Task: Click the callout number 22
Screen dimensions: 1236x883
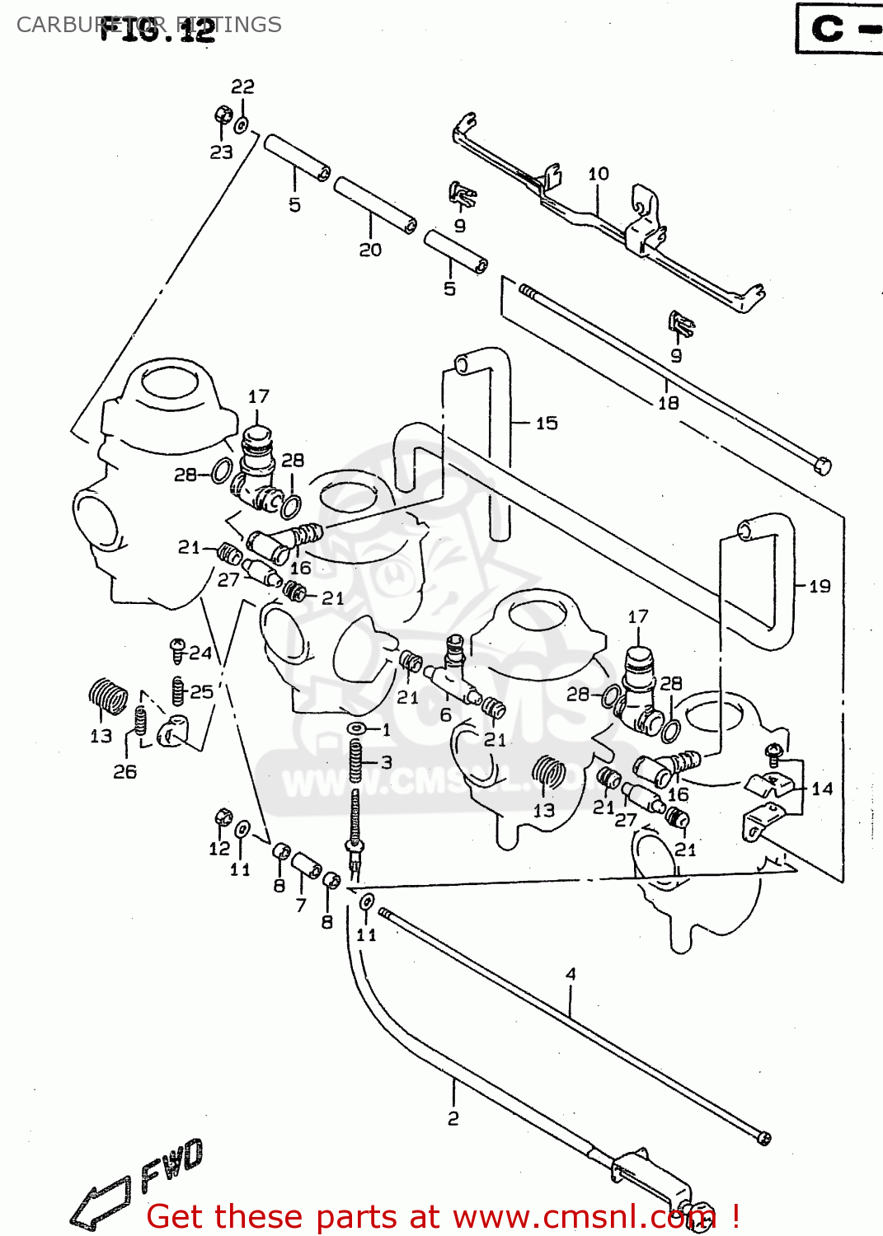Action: [242, 87]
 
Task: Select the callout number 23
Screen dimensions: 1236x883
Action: [221, 152]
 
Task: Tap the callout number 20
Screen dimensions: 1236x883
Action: [370, 250]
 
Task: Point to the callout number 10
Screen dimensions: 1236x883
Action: [599, 174]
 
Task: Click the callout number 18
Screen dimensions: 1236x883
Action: [668, 403]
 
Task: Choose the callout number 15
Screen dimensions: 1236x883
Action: [547, 424]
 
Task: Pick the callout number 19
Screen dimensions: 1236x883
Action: [820, 587]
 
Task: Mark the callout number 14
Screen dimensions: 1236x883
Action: [822, 789]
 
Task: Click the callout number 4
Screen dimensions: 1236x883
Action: [571, 975]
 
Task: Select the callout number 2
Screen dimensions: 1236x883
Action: [453, 1118]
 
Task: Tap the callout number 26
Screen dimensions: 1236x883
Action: [125, 772]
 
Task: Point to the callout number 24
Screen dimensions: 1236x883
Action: [200, 653]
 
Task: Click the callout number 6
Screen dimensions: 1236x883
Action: [445, 715]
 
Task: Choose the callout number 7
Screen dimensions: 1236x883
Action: [301, 905]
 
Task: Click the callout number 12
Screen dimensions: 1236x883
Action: [219, 849]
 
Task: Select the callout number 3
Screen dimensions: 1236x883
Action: [386, 763]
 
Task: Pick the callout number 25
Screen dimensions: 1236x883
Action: [202, 691]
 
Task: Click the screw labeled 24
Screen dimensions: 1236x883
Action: [176, 650]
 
